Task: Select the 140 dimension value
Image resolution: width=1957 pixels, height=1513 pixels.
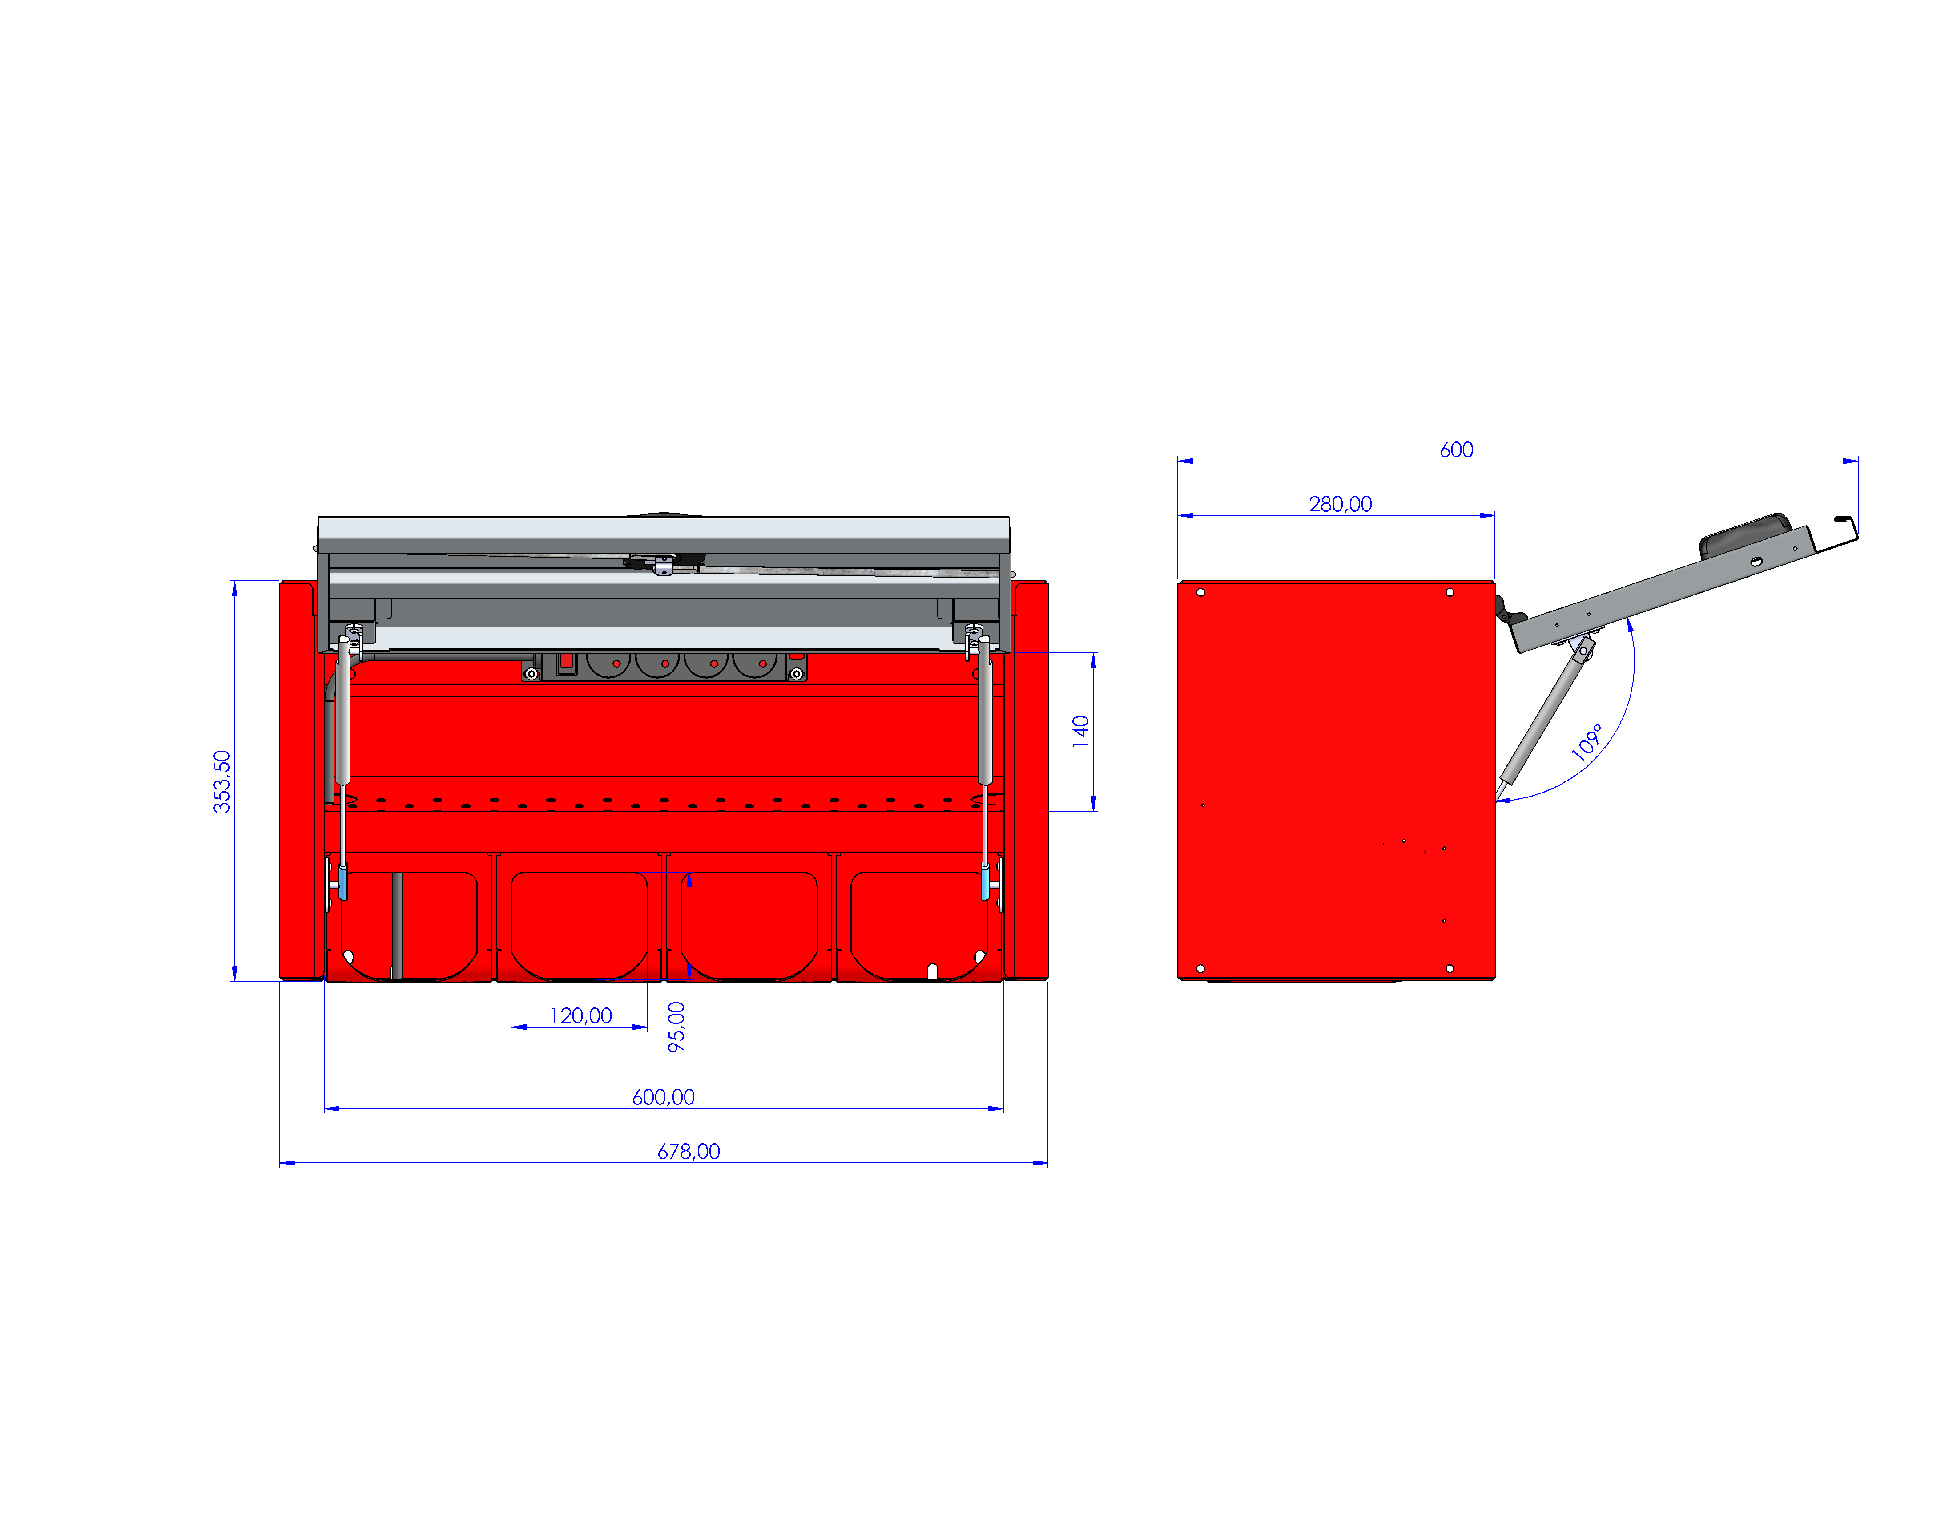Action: [x=1081, y=732]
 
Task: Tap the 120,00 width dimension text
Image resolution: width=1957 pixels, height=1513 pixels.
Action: [x=580, y=1015]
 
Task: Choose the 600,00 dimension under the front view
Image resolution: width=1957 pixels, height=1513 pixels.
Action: [x=663, y=1097]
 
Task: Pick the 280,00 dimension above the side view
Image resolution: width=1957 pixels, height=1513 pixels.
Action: [x=1340, y=504]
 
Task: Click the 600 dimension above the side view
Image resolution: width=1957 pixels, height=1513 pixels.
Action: [x=1456, y=450]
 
